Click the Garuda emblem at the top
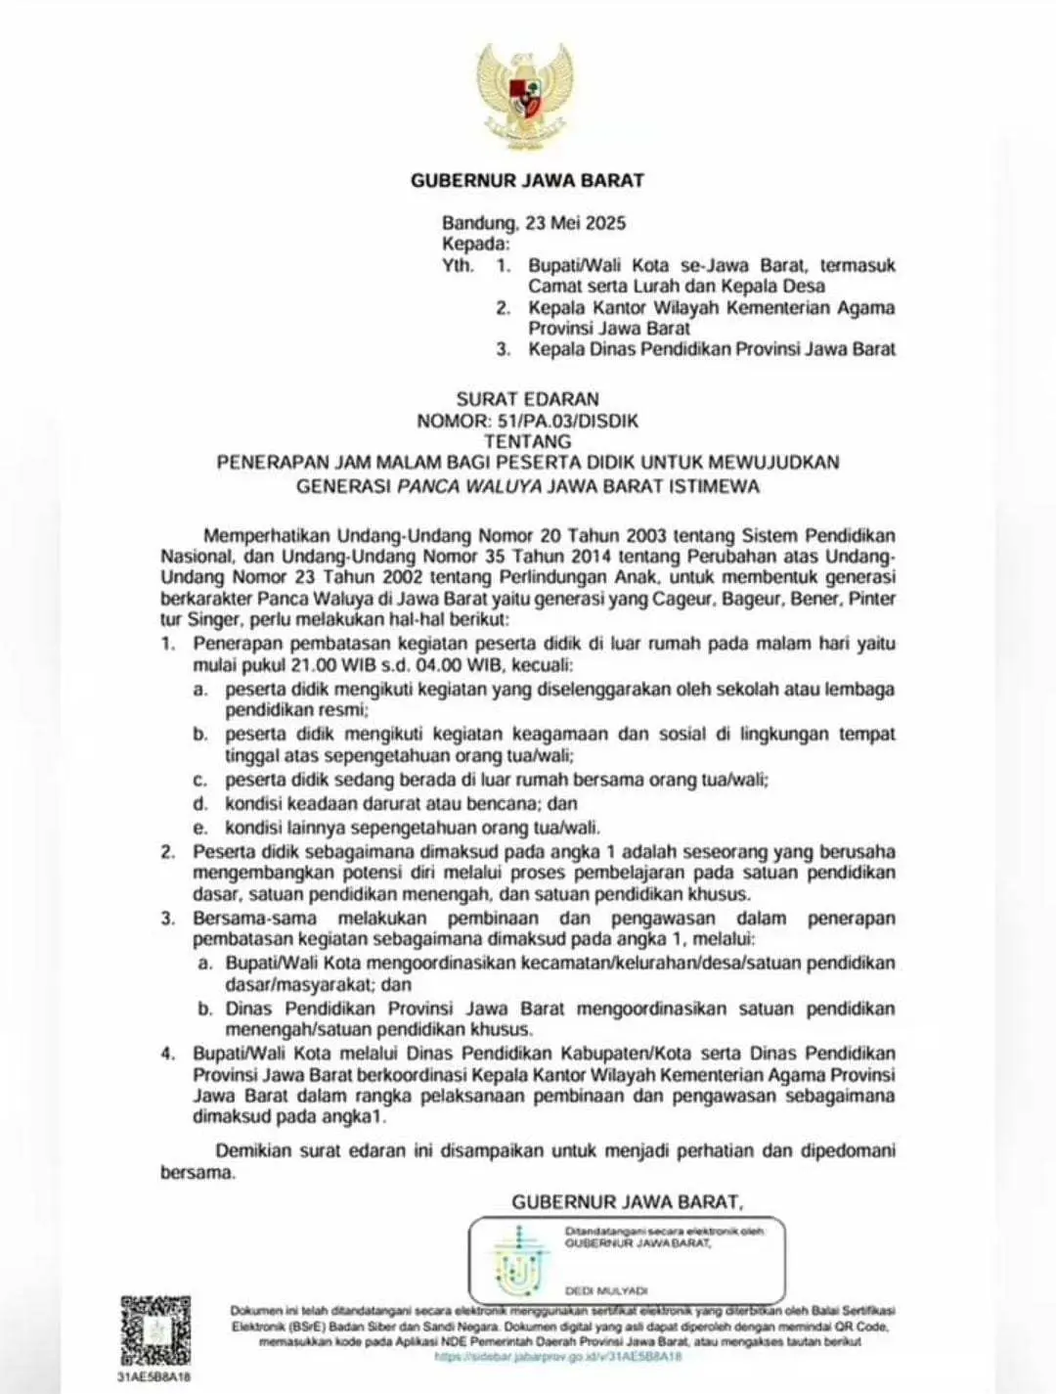(527, 94)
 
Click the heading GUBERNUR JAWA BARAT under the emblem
(527, 180)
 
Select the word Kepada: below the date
(475, 244)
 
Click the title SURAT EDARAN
(527, 399)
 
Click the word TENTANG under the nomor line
(527, 442)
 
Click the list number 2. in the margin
(168, 852)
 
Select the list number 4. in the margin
(168, 1054)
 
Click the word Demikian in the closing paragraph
(255, 1150)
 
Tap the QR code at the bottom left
(155, 1329)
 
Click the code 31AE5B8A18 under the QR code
(154, 1375)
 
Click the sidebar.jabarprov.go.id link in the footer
(557, 1357)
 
